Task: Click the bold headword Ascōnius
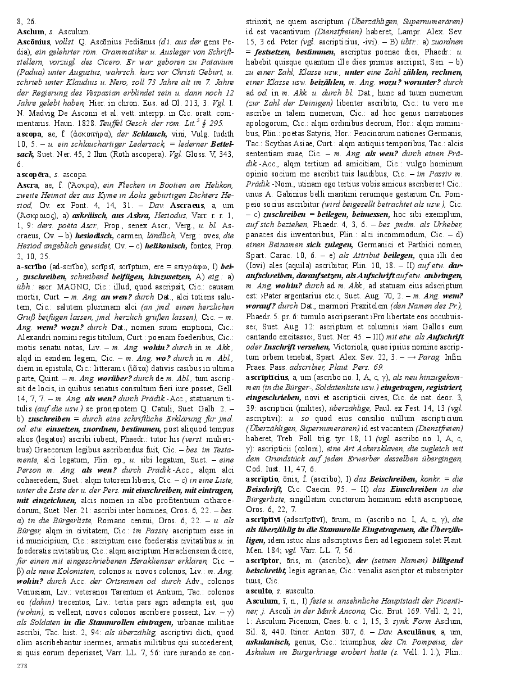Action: coord(33,42)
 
